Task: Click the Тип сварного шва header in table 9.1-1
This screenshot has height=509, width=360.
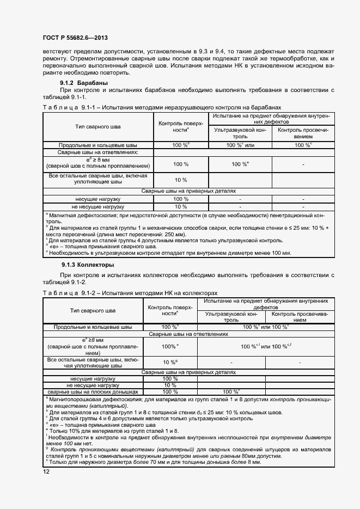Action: [x=98, y=127]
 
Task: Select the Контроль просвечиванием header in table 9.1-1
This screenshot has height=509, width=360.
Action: [x=303, y=133]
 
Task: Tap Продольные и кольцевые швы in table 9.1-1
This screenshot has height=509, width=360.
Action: [x=98, y=145]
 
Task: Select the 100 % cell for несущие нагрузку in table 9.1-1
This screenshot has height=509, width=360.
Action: [x=181, y=199]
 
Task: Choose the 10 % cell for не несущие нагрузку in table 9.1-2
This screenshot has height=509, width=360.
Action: [x=170, y=385]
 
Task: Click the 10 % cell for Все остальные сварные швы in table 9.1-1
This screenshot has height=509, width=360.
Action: [x=181, y=180]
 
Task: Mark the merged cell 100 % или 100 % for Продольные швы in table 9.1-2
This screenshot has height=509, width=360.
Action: [x=265, y=327]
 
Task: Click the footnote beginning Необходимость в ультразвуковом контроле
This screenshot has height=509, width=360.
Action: [x=170, y=253]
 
